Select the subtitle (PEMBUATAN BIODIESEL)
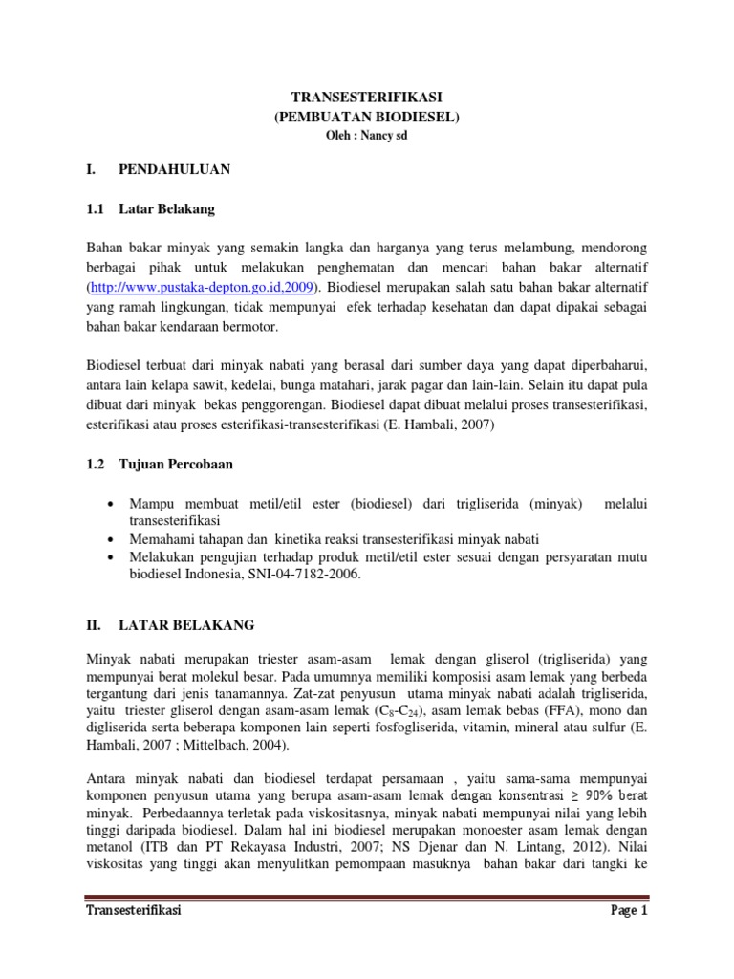[x=366, y=117]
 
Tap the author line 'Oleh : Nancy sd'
[x=366, y=135]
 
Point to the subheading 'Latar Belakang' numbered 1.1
[x=166, y=207]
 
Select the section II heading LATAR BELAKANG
[x=186, y=624]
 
